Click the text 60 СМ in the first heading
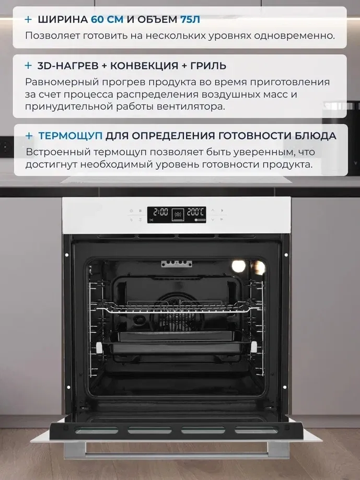pyautogui.click(x=107, y=19)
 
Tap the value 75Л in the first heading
pyautogui.click(x=190, y=19)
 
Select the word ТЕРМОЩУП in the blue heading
pyautogui.click(x=71, y=136)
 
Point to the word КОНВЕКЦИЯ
pyautogui.click(x=144, y=65)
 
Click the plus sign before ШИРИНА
pyautogui.click(x=28, y=19)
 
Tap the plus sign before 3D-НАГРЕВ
pyautogui.click(x=28, y=65)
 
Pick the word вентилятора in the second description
pyautogui.click(x=190, y=107)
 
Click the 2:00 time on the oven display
pyautogui.click(x=160, y=212)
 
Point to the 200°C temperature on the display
pyautogui.click(x=195, y=212)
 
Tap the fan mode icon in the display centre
pyautogui.click(x=178, y=215)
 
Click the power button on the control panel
pyautogui.click(x=131, y=210)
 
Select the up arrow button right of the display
pyautogui.click(x=213, y=210)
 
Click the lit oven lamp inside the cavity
pyautogui.click(x=239, y=266)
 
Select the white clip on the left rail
pyautogui.click(x=99, y=348)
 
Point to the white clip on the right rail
pyautogui.click(x=254, y=347)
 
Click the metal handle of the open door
pyautogui.click(x=177, y=454)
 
